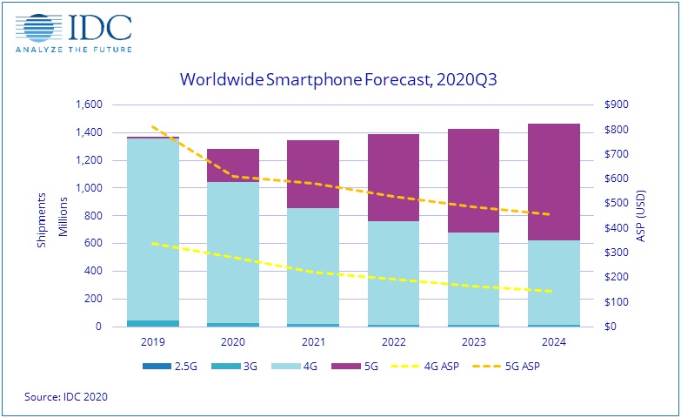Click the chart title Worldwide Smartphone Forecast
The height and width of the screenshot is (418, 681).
point(343,79)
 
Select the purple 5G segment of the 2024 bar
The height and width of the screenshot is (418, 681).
point(554,182)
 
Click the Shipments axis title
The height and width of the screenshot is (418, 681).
point(42,216)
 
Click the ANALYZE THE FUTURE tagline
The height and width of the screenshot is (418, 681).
point(73,49)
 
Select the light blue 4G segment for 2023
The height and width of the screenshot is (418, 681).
point(473,279)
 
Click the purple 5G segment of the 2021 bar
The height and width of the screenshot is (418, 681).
point(313,174)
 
